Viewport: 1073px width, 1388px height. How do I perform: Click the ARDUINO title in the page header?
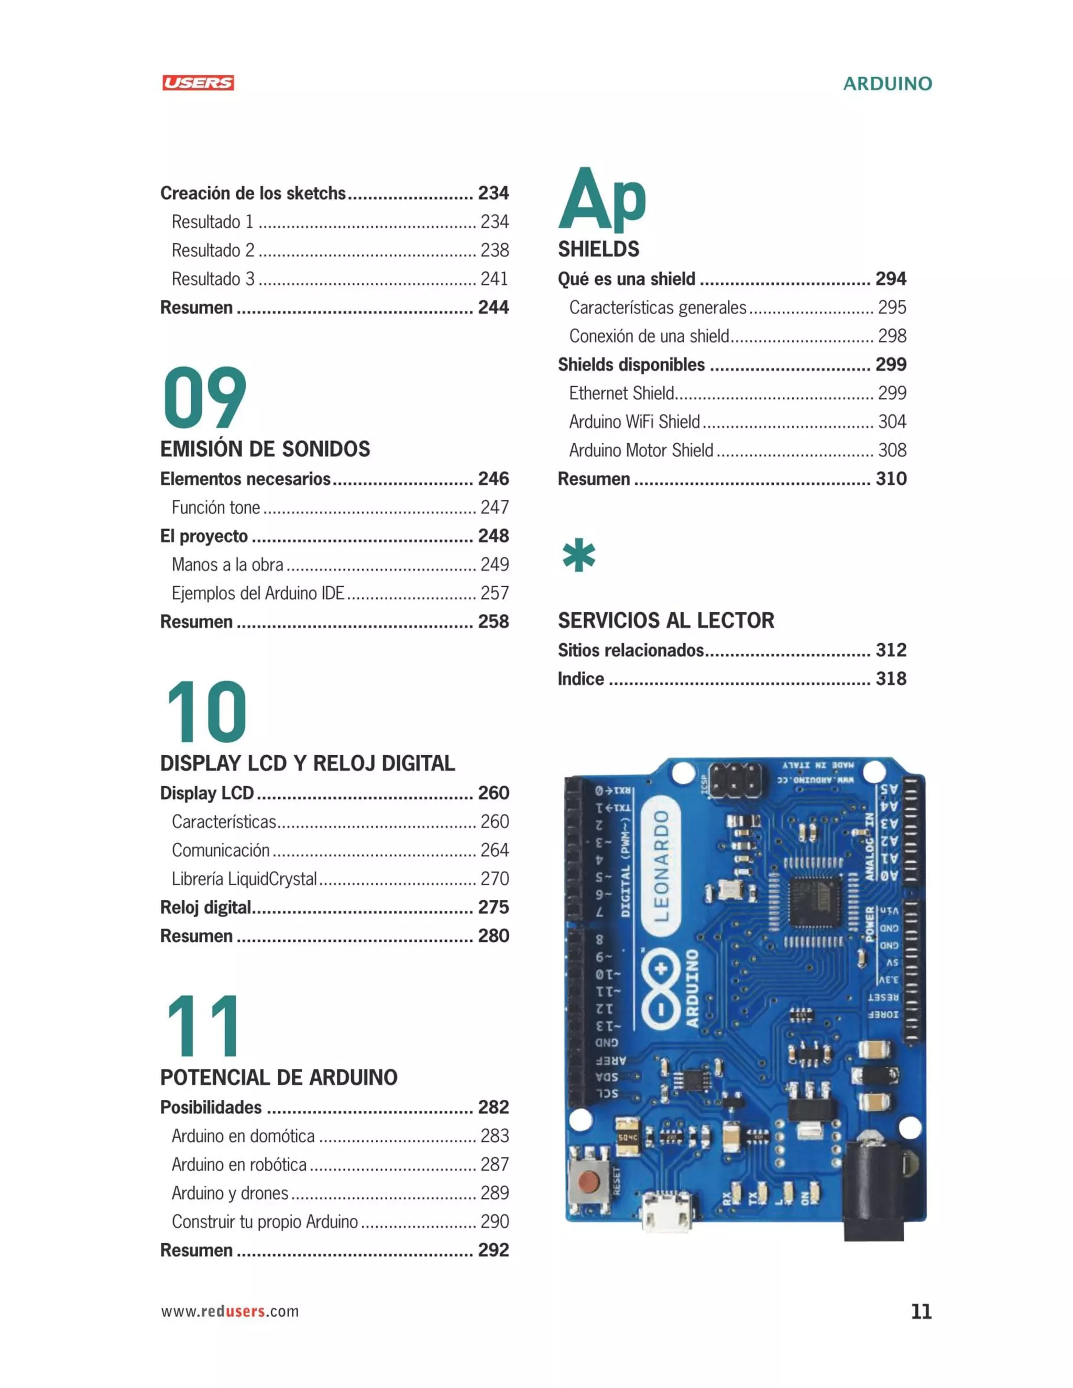point(887,83)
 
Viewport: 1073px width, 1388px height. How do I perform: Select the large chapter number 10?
point(206,711)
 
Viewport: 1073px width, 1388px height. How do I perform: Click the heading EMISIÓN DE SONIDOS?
point(265,449)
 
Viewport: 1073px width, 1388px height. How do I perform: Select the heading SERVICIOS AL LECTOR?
point(665,620)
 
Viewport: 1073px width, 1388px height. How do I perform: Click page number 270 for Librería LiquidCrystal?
point(495,878)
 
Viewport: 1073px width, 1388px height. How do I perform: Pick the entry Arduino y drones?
point(230,1193)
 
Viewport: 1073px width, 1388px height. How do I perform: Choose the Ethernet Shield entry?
point(621,393)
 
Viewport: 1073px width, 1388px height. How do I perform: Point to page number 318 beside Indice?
point(891,678)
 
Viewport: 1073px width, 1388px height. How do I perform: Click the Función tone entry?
point(215,507)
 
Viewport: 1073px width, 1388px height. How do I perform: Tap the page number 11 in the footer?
point(921,1311)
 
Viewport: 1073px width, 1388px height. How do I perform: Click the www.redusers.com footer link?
point(229,1311)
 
